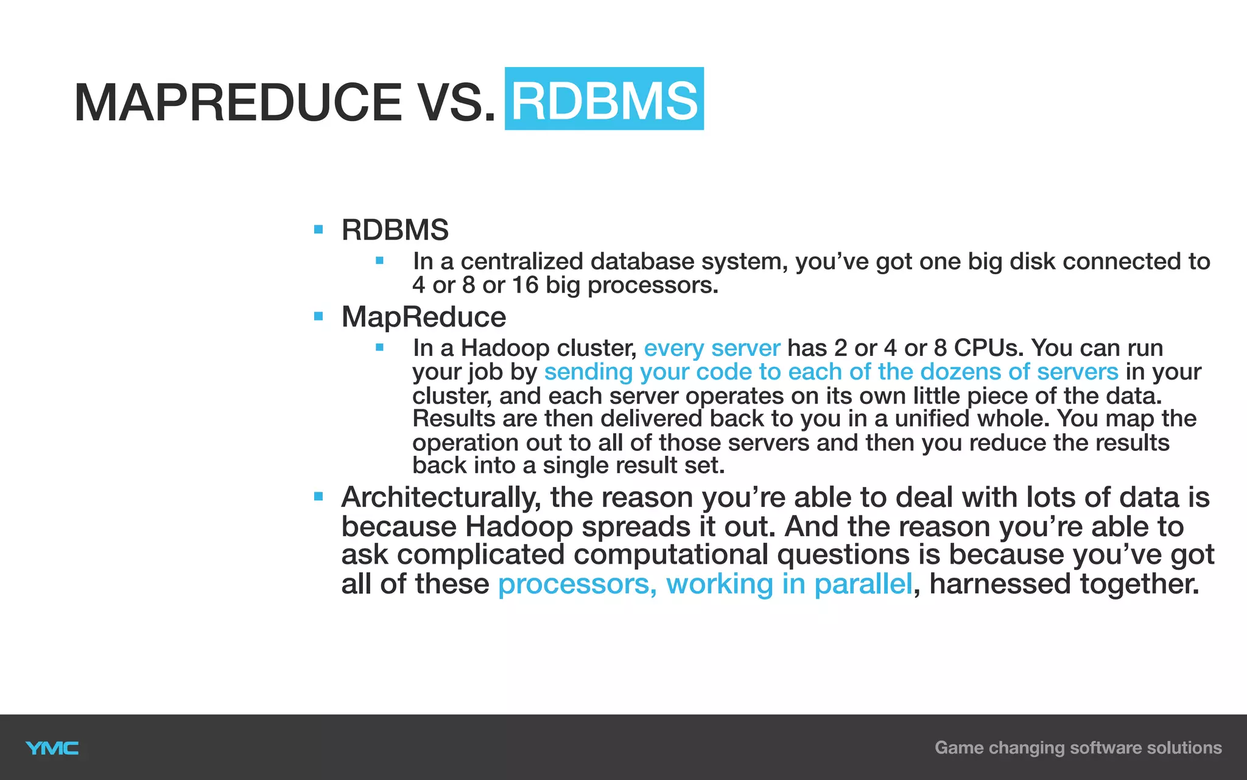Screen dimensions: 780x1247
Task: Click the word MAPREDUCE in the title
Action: [x=237, y=102]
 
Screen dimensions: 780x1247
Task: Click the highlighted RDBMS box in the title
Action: [x=604, y=99]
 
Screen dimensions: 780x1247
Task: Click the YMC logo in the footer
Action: [x=52, y=748]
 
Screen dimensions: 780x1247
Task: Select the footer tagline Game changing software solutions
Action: [x=1078, y=748]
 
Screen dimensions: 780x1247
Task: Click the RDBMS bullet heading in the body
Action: [x=395, y=230]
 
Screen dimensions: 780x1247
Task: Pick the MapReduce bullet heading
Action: [x=424, y=317]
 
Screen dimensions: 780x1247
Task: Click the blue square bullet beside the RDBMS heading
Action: [x=318, y=230]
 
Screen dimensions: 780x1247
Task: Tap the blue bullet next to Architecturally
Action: [x=318, y=497]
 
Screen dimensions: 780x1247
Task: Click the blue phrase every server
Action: [x=712, y=348]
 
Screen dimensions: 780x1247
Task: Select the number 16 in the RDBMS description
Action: [x=525, y=285]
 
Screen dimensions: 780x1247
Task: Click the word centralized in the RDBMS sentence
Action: [x=521, y=261]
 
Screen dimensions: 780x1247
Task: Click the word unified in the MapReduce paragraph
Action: [x=932, y=419]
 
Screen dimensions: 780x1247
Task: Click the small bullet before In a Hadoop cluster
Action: [x=379, y=347]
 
